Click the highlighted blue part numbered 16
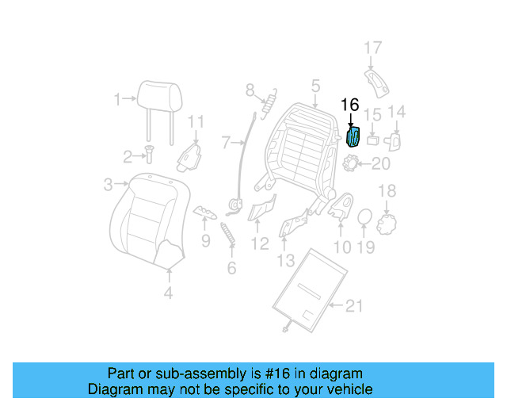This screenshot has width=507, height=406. [x=354, y=137]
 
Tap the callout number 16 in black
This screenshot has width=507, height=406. [x=349, y=105]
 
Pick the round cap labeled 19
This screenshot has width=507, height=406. [x=364, y=216]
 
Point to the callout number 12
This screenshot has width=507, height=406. [x=260, y=243]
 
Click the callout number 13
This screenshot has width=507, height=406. [x=285, y=259]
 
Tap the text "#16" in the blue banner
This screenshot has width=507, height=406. [x=292, y=373]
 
